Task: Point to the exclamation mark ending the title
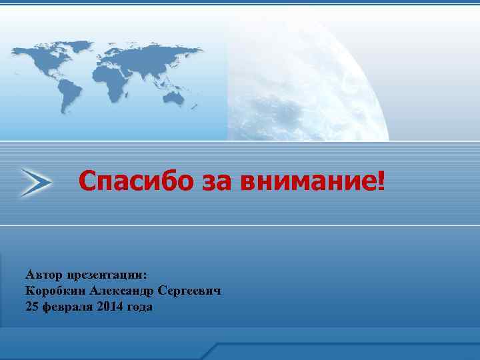click(381, 179)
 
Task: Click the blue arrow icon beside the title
click(35, 181)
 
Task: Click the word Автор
click(43, 275)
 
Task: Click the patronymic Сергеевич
click(195, 291)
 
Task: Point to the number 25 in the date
click(31, 307)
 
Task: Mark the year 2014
click(109, 307)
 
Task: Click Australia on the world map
click(174, 98)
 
